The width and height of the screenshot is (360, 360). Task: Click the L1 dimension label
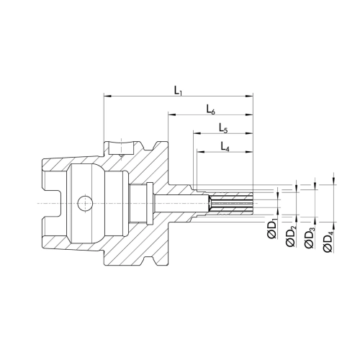(x=178, y=91)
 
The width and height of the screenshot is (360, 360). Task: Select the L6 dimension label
(x=211, y=109)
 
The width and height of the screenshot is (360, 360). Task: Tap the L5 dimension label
(x=223, y=127)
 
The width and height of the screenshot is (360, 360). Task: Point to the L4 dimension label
(x=225, y=146)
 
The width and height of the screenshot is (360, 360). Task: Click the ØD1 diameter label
(x=272, y=228)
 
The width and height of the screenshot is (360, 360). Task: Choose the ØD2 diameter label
(x=291, y=236)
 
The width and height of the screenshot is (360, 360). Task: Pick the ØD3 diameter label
(x=310, y=237)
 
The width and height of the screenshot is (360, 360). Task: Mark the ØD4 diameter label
(x=328, y=240)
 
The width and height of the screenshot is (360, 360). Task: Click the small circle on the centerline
(x=85, y=203)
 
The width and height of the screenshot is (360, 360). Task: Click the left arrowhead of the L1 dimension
(x=107, y=96)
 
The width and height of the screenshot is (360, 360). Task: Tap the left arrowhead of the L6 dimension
(x=172, y=115)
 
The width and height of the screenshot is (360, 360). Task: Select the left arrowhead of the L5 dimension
(x=197, y=133)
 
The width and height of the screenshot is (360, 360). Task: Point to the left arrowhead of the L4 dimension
(x=200, y=152)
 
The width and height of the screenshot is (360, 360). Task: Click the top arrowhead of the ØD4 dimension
(x=333, y=181)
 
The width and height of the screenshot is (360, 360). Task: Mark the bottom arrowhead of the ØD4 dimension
(x=333, y=225)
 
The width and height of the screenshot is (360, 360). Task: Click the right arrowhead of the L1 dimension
(x=249, y=96)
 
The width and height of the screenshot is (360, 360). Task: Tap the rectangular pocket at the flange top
(x=121, y=148)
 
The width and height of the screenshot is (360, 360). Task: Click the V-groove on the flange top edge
(x=148, y=146)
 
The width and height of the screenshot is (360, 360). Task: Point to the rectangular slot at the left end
(x=52, y=203)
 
